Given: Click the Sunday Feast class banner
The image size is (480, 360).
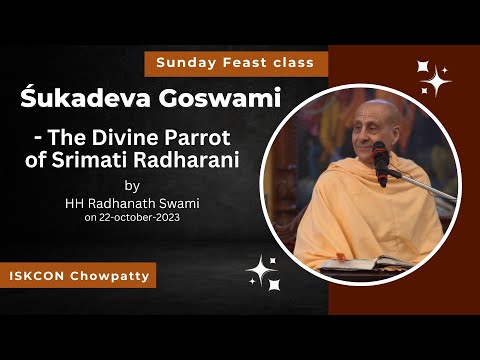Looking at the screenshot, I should [236, 62].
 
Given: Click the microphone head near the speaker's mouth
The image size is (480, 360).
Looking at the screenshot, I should [380, 153].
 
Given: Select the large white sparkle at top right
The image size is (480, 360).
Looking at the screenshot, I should [435, 79].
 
